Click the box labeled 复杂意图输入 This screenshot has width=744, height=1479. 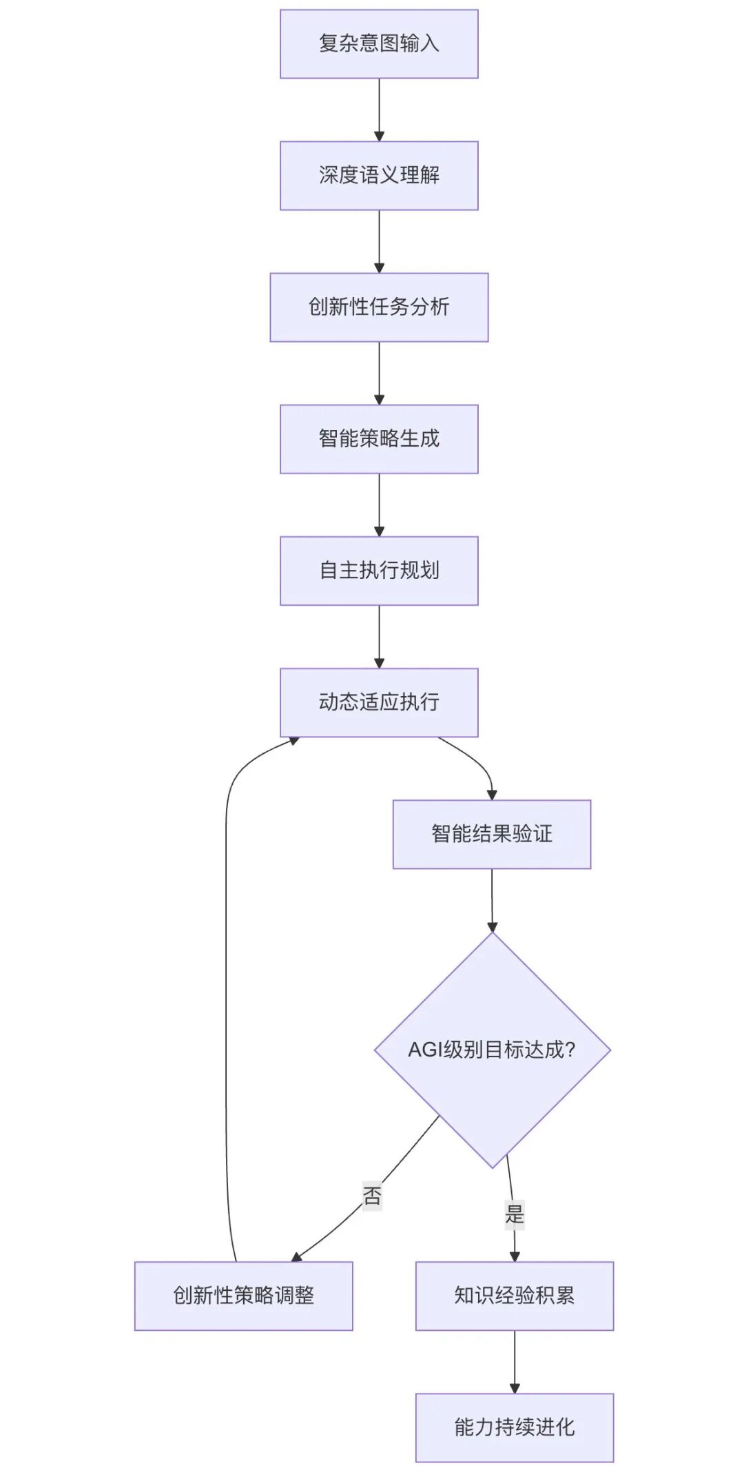379,43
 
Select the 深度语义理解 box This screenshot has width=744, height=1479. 379,175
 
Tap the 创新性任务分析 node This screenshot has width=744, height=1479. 379,307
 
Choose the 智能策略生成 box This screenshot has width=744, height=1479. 379,438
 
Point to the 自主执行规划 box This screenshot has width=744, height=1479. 379,571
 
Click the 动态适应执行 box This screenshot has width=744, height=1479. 379,702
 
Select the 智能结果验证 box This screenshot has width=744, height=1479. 492,834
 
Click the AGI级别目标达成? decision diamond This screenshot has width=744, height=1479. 492,1050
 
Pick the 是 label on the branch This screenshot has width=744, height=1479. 515,1214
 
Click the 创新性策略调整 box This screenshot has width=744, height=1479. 243,1296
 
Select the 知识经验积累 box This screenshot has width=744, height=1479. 515,1296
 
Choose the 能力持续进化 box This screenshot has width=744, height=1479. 515,1427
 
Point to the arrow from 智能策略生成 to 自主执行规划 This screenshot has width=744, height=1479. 379,504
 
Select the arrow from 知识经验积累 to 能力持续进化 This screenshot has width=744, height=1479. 515,1361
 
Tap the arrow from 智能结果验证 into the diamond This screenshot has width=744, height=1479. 492,899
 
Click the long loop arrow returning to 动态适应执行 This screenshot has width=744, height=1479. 226,999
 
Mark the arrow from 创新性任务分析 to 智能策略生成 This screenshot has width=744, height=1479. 379,372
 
